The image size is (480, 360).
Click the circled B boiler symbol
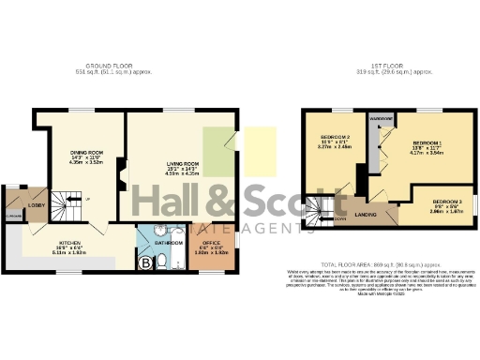[x=144, y=262]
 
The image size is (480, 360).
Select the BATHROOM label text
[x=169, y=243]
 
